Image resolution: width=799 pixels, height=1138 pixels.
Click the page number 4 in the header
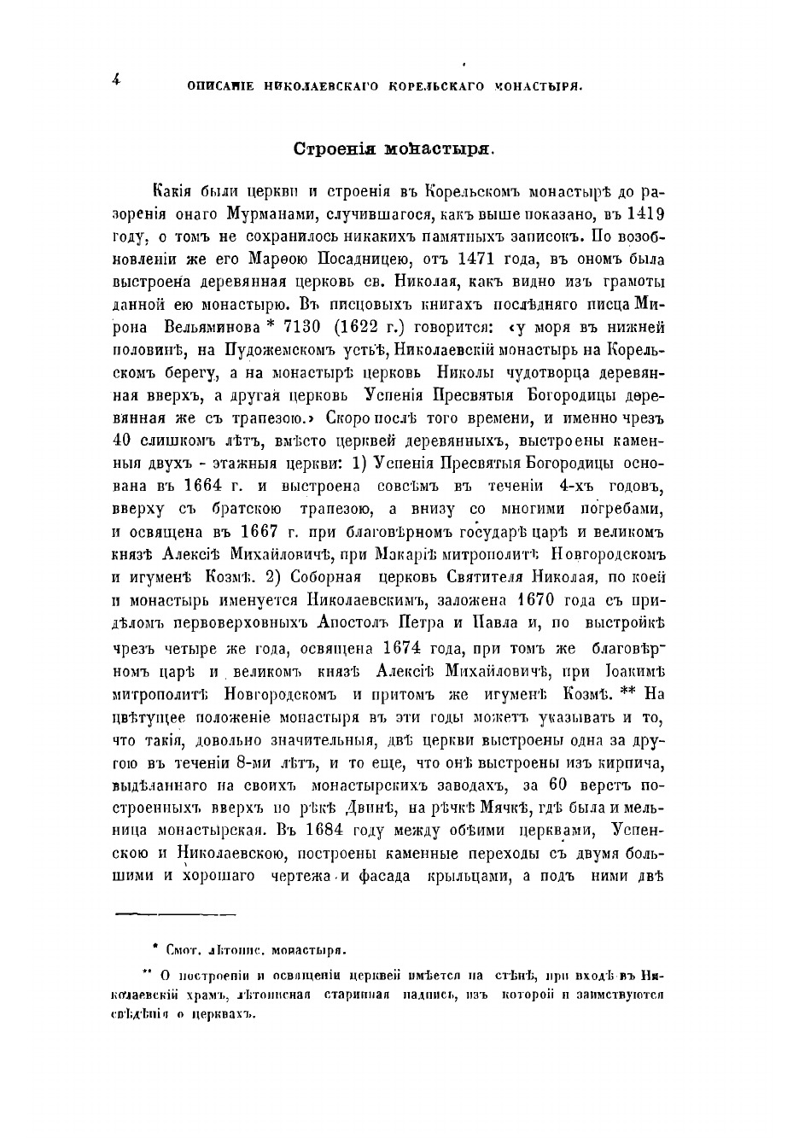tap(115, 79)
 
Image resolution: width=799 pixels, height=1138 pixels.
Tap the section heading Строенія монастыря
tap(394, 148)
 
